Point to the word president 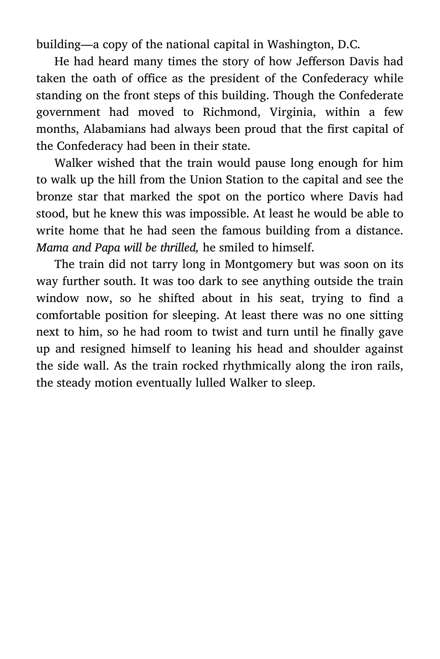234,78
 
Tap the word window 55,298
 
